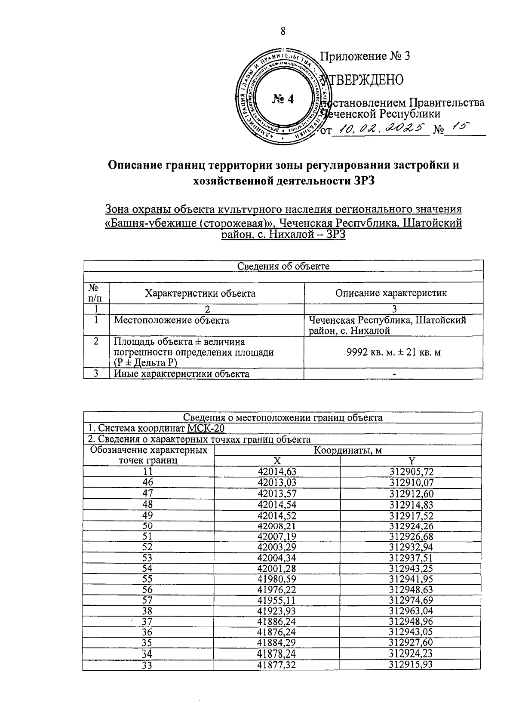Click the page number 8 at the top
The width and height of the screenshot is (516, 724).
point(283,31)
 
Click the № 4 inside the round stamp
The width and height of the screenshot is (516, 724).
point(283,99)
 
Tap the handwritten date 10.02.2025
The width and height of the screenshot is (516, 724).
point(381,128)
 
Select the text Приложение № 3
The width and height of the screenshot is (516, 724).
point(365,56)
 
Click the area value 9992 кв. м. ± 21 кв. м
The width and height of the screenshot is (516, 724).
point(393,353)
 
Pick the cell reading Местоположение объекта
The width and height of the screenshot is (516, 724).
point(171,320)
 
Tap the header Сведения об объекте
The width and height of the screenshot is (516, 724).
point(283,266)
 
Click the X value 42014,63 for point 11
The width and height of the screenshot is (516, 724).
point(277,472)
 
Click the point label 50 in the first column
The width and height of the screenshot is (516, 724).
point(147,525)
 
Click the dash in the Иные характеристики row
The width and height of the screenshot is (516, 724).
point(394,374)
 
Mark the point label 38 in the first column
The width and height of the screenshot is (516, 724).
point(147,611)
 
